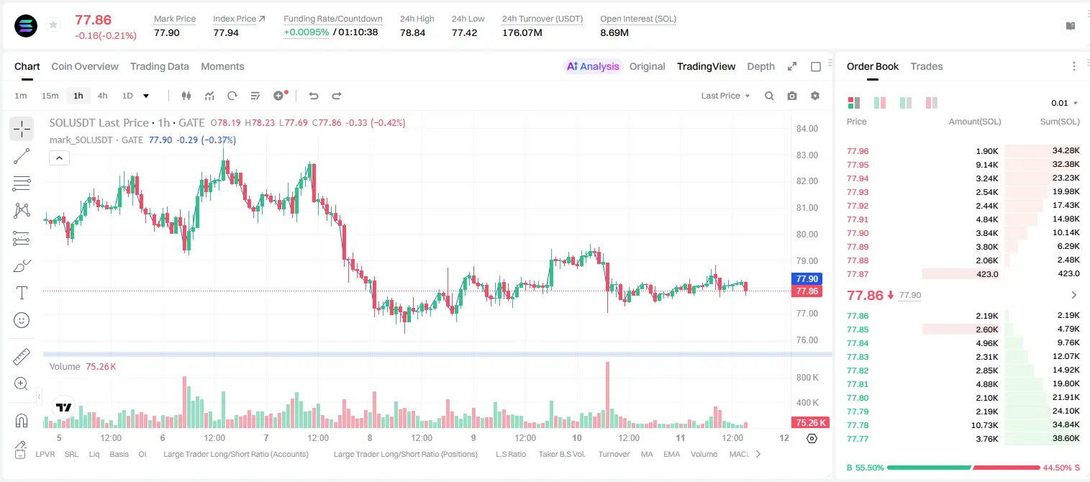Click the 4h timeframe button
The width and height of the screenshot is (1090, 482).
coord(102,96)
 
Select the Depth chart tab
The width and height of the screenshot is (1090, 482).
coord(760,67)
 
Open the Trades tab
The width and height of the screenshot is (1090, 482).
coord(927,67)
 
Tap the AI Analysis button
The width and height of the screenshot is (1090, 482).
coord(593,67)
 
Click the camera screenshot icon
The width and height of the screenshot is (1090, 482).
coord(792,96)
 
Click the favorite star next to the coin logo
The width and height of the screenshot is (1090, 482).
coord(53,24)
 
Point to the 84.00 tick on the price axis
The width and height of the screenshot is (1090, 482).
coord(807,128)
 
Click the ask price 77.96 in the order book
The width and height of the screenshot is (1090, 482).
coord(858,151)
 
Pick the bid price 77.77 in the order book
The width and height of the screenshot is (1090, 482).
coord(858,439)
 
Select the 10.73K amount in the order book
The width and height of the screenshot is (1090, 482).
coord(984,425)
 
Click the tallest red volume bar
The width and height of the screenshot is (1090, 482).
coord(607,395)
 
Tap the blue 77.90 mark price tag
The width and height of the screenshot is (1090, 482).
coord(807,278)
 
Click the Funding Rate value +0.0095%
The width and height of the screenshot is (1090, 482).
coord(306,32)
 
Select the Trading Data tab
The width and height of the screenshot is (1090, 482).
coord(160,67)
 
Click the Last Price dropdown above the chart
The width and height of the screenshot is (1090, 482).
coord(725,96)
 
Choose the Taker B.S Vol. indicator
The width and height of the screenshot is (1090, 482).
coord(561,454)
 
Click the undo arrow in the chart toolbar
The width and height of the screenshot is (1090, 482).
coord(314,96)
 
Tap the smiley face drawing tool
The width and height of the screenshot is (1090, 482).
coord(22,320)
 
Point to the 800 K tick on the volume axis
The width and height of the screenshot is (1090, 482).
coord(807,378)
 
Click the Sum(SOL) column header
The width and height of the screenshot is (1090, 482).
coord(1060,122)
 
